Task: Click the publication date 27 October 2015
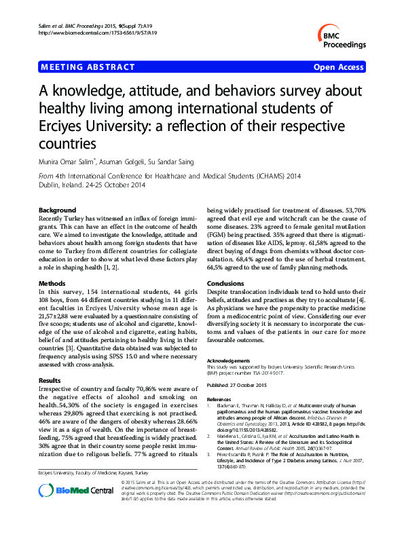pos(253,385)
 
